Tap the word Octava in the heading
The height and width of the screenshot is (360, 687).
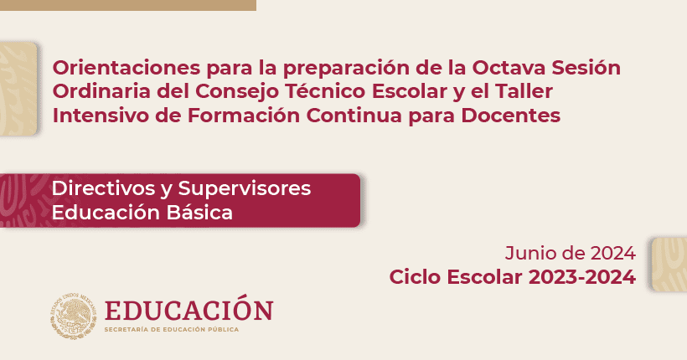click(x=509, y=68)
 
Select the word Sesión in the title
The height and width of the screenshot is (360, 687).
click(x=586, y=68)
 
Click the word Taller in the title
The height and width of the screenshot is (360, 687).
click(x=524, y=91)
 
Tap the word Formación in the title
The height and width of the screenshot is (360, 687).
click(x=243, y=116)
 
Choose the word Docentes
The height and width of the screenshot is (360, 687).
click(x=511, y=116)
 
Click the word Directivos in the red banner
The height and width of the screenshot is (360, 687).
click(x=103, y=188)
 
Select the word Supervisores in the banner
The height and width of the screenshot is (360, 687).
click(x=245, y=188)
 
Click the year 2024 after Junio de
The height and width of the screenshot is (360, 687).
click(x=613, y=253)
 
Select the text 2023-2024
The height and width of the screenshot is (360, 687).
click(x=581, y=277)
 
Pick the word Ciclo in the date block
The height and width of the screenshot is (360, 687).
click(x=415, y=277)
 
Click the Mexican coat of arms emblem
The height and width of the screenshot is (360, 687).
click(x=73, y=316)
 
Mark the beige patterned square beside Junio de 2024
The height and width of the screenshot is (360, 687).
click(x=669, y=265)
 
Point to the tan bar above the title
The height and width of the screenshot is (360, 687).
click(x=128, y=5)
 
